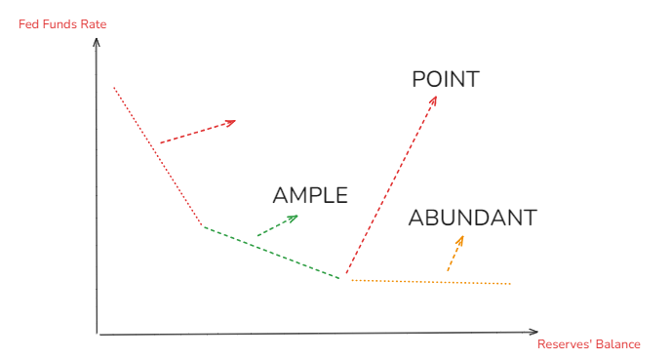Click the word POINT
[x=446, y=79]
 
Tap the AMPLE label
[x=310, y=195]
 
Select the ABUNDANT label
[x=472, y=218]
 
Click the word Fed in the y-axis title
[x=28, y=23]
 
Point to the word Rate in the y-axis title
[x=93, y=23]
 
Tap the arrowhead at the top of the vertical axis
[x=96, y=42]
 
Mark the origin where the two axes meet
[x=98, y=335]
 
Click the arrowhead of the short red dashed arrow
[x=232, y=122]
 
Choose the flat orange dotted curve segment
[x=429, y=282]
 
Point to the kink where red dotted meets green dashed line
[x=202, y=225]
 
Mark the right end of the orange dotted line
[x=510, y=284]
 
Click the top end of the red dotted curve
[x=114, y=88]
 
